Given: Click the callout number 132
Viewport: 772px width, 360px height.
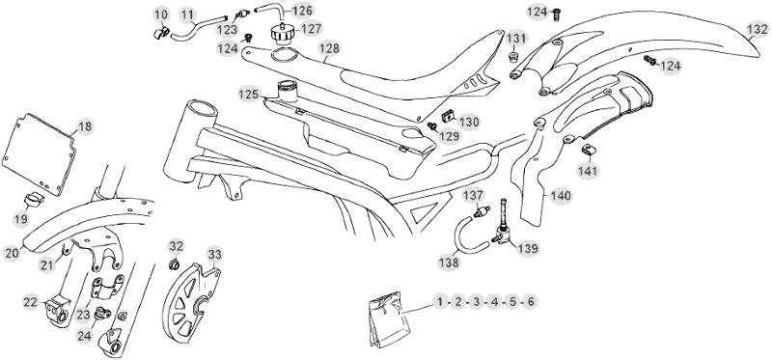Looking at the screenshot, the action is tap(757, 30).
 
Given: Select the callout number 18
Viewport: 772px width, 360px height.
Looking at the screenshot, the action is tap(84, 126).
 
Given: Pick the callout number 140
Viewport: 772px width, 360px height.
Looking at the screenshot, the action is tap(561, 196).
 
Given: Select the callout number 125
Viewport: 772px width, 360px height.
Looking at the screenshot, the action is tap(249, 94).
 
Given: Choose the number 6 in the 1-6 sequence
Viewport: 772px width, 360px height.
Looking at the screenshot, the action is tap(530, 301).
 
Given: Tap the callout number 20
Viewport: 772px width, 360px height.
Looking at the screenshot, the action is tap(12, 254).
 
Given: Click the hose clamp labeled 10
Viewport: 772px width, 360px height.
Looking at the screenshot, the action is tap(159, 33).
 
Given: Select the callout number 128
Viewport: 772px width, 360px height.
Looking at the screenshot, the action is tap(329, 48).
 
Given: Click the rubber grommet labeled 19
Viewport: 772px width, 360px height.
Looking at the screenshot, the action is tap(34, 200).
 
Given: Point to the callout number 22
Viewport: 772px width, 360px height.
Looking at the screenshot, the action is tap(31, 302).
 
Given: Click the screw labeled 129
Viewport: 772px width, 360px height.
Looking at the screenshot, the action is tap(431, 126).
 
